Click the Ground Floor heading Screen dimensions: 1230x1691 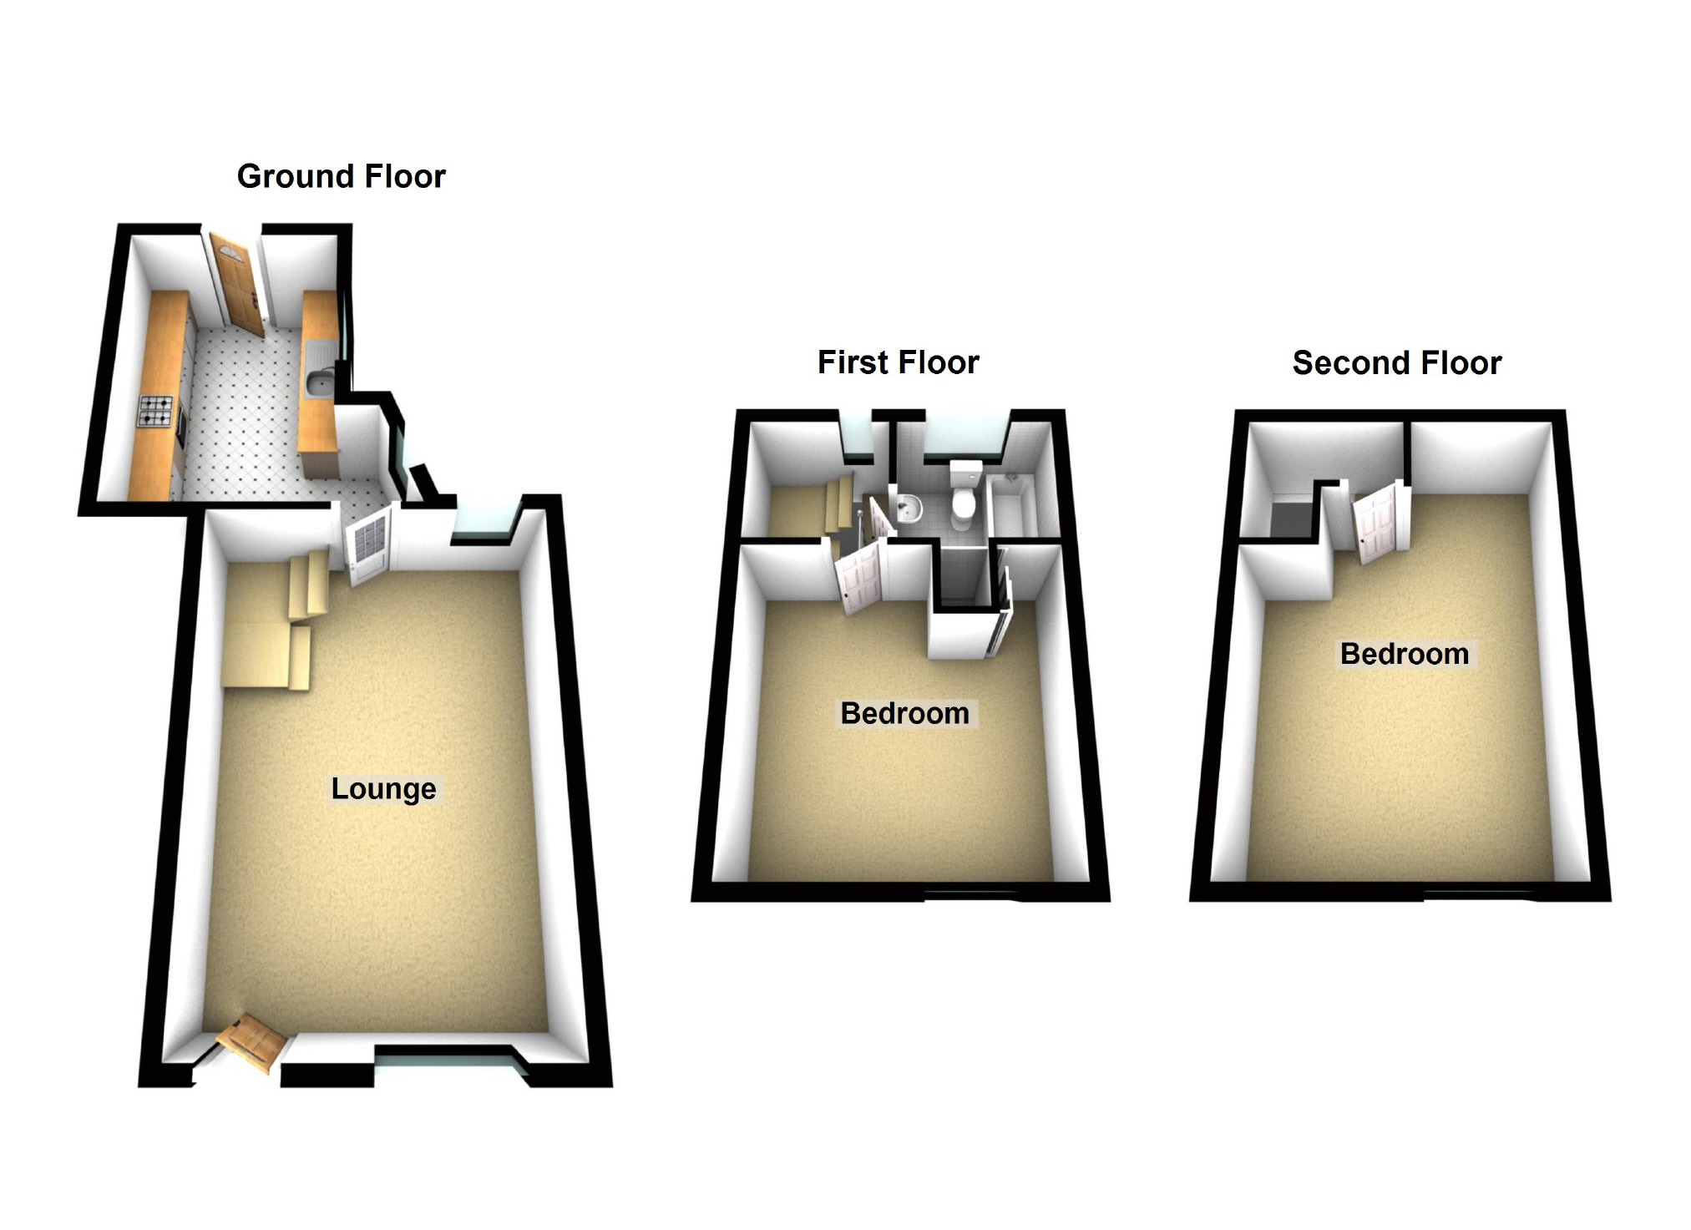341,176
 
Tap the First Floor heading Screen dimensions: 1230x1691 898,362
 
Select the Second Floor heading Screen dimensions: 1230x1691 1396,363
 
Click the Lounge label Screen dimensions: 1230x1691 383,789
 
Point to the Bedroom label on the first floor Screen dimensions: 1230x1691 904,713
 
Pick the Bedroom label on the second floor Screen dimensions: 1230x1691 1404,654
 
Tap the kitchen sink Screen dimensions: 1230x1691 319,382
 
